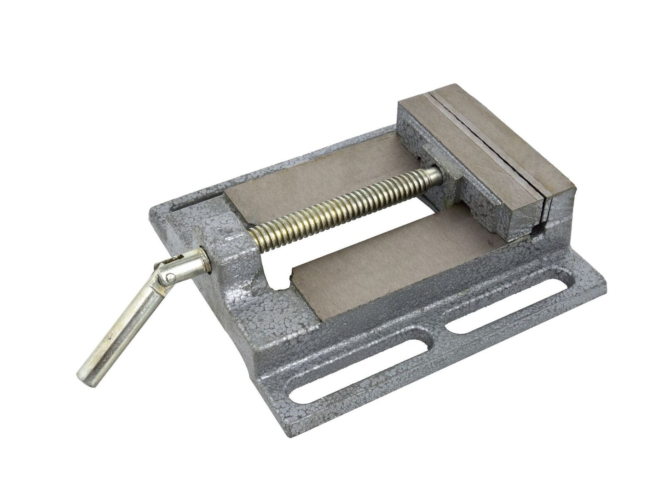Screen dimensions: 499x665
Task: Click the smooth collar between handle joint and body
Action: [x=201, y=261]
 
